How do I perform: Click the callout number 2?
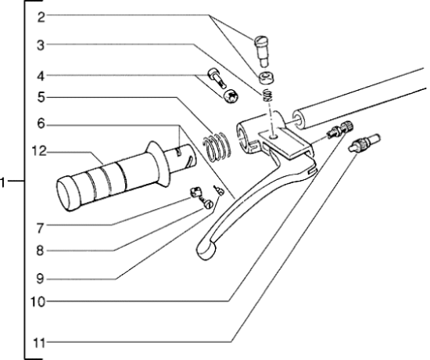41,17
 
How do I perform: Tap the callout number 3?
41,45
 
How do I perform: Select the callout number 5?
41,97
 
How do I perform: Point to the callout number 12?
38,151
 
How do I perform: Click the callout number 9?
41,279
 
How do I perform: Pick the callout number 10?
38,302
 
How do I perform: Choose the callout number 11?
38,344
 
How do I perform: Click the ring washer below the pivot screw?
266,78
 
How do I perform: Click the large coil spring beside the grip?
217,146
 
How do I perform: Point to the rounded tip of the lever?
206,250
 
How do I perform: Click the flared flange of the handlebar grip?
159,164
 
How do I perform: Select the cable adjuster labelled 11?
364,142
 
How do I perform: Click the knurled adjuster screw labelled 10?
340,129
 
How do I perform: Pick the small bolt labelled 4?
217,77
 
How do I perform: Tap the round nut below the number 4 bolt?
231,96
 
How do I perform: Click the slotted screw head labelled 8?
209,204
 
